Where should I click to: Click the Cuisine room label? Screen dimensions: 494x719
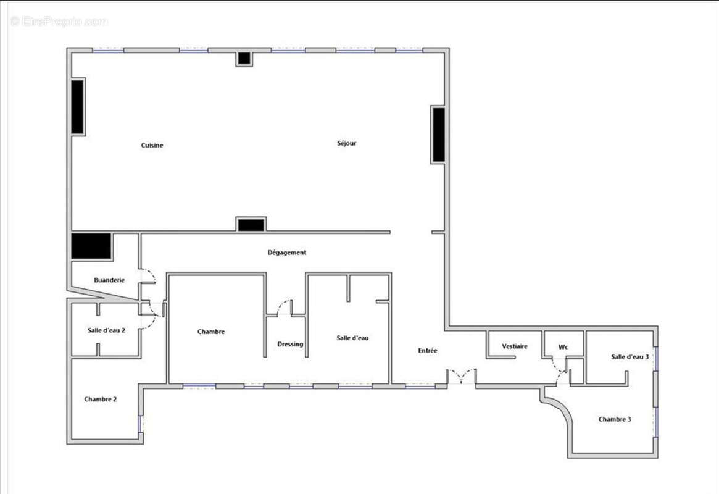click(152, 145)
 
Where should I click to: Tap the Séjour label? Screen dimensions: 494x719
click(346, 143)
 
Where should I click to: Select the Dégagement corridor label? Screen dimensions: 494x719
click(286, 253)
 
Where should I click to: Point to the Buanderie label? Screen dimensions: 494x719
click(109, 280)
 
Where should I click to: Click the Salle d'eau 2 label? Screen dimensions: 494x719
click(107, 330)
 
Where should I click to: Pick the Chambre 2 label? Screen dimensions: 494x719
click(101, 400)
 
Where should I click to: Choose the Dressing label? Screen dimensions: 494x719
click(290, 344)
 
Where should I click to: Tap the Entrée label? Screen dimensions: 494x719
click(428, 351)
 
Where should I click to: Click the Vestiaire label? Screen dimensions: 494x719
click(515, 346)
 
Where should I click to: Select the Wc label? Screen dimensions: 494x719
click(563, 347)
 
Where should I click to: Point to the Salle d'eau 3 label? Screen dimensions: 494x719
click(630, 357)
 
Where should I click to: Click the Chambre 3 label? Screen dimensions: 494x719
click(615, 420)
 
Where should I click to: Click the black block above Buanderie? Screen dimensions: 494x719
click(91, 246)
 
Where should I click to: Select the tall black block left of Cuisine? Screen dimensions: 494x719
click(77, 107)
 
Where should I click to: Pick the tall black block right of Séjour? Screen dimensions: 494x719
click(438, 135)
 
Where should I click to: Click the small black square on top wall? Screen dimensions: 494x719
click(244, 59)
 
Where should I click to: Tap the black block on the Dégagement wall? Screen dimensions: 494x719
click(251, 224)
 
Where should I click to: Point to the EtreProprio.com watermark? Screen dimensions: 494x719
click(59, 22)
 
